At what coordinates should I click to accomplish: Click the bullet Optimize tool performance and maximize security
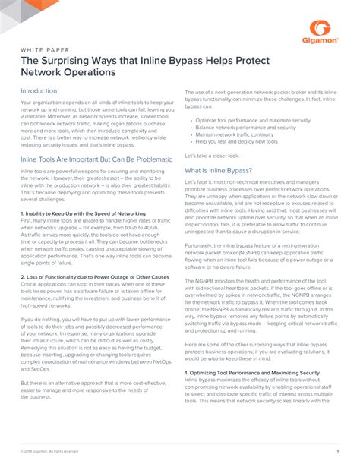tap(250, 120)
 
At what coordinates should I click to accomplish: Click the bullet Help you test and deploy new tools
tap(235, 141)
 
